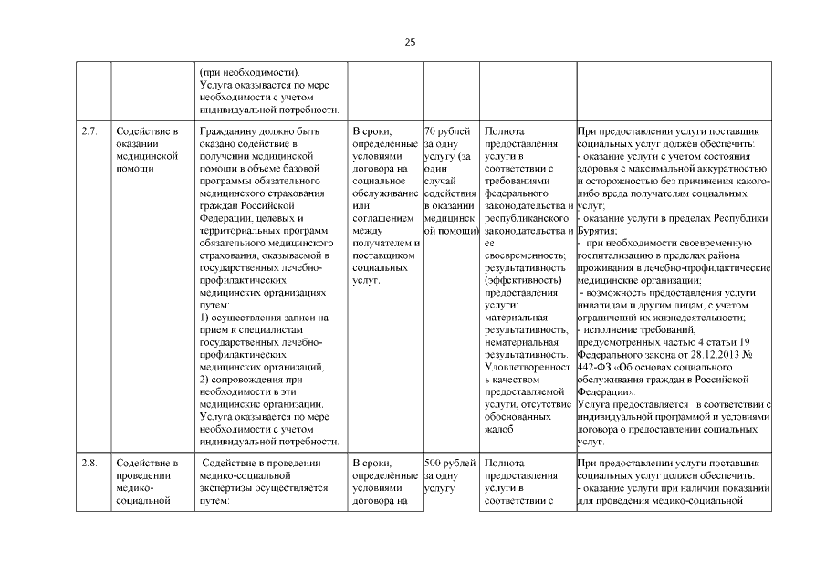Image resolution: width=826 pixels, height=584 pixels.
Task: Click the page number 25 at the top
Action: [x=410, y=42]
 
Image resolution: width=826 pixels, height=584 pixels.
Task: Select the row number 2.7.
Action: [x=89, y=131]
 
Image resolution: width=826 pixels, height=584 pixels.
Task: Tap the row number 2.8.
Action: [x=89, y=464]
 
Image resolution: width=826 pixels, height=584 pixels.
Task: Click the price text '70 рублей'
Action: [x=447, y=131]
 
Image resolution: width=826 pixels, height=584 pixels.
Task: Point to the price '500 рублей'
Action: [x=450, y=464]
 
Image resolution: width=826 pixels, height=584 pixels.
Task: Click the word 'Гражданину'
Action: [x=229, y=131]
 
